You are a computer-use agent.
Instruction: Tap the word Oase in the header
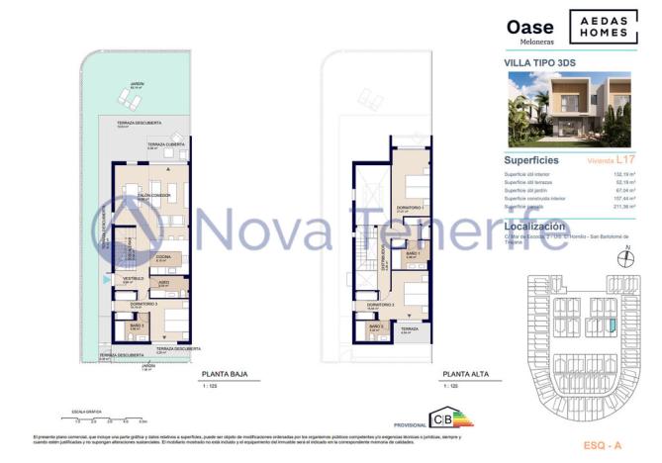530,28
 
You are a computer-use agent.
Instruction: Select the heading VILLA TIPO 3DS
540,61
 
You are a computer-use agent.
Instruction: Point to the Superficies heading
531,159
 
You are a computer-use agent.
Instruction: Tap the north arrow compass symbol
621,259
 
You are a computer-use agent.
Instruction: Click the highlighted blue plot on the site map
612,324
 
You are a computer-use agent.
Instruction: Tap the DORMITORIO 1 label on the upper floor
410,207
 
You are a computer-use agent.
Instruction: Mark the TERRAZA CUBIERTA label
162,144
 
